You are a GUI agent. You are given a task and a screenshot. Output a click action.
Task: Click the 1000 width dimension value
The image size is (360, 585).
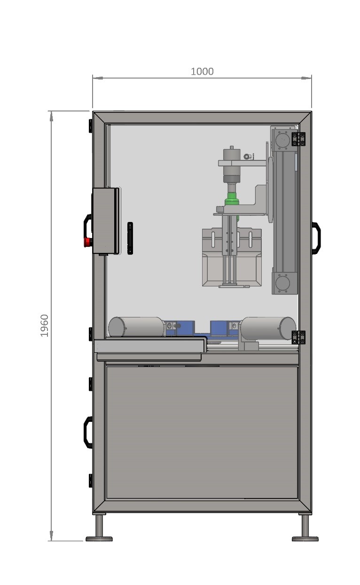[202, 71]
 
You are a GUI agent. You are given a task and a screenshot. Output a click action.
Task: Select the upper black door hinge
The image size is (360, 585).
[298, 139]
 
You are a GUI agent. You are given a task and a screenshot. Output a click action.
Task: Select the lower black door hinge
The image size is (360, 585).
[298, 338]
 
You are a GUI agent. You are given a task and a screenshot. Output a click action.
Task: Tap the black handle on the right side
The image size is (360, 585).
[316, 237]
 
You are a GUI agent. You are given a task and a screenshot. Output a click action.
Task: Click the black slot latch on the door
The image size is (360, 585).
[130, 238]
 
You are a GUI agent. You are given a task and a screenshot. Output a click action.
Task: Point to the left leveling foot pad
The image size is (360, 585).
[99, 538]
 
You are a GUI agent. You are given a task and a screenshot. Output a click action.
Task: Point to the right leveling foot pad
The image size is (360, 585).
[305, 538]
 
